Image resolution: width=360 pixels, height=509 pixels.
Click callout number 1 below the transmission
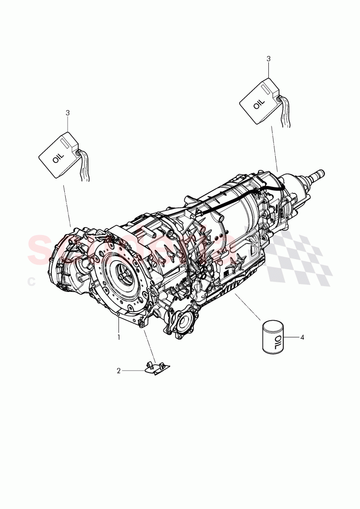[x=118, y=337]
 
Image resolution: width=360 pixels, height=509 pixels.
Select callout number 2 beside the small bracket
[x=118, y=371]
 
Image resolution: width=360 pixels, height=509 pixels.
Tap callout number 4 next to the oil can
[x=302, y=337]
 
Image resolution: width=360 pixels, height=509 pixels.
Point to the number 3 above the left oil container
[x=68, y=112]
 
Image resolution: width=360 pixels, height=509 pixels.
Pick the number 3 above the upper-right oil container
[x=268, y=59]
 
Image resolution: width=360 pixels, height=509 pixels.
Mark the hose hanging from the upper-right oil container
[x=286, y=113]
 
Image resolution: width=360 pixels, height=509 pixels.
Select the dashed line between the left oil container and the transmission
[x=68, y=204]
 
